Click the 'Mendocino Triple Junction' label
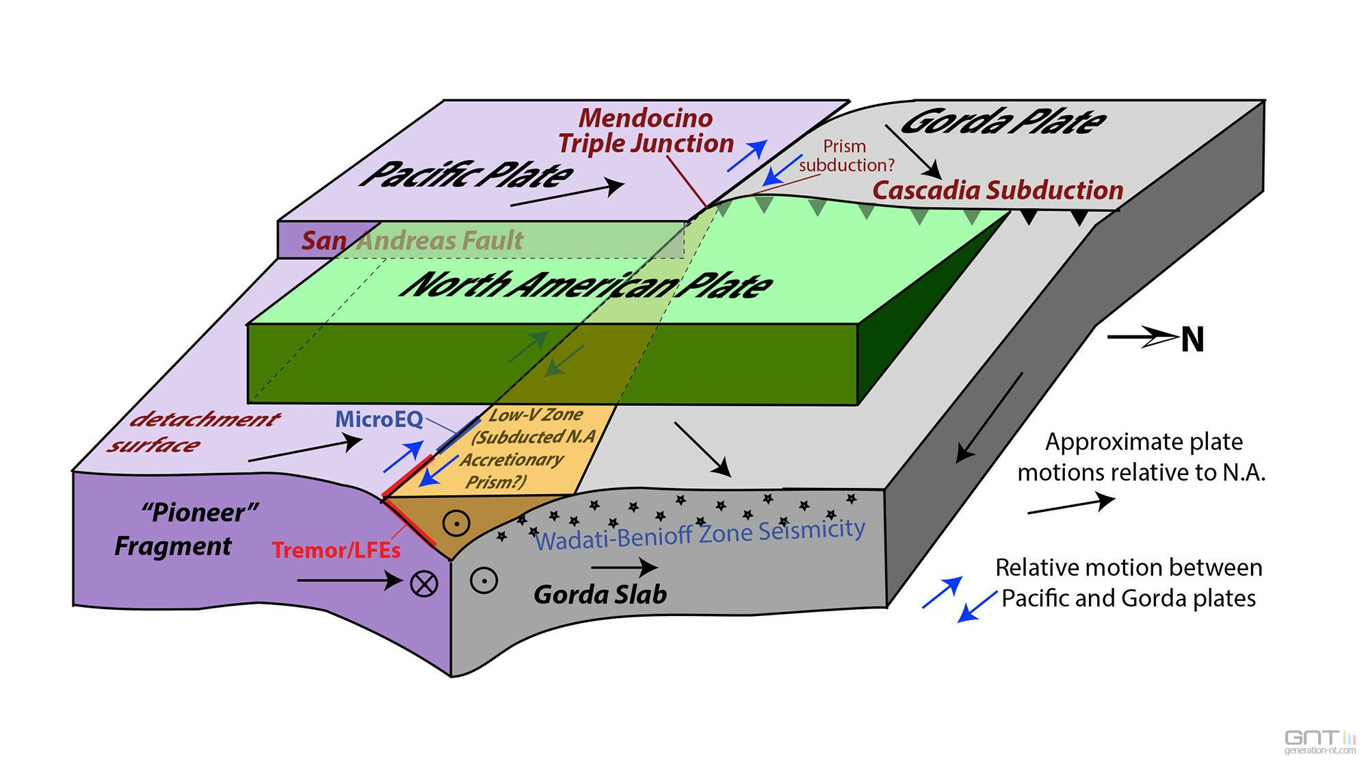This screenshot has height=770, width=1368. coord(646,131)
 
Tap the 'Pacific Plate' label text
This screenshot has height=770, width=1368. coord(467,174)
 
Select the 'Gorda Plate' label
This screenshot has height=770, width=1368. coord(1003,122)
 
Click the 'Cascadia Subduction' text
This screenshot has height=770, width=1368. coord(997,190)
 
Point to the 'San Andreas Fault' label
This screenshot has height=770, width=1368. coord(412,240)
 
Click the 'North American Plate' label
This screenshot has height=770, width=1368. coord(587,285)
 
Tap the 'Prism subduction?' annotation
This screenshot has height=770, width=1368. coord(846,156)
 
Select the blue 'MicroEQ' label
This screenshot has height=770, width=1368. coord(379,419)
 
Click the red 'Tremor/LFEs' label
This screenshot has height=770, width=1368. coord(336,550)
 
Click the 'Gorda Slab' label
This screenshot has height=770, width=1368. coord(600,594)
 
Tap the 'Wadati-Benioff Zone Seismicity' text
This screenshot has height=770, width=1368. coord(700,534)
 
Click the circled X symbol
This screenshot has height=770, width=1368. coord(424,584)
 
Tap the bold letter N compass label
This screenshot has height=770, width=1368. coord(1192,339)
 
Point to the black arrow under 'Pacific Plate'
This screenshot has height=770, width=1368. coord(567,194)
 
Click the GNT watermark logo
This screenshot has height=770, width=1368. coord(1319,741)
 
